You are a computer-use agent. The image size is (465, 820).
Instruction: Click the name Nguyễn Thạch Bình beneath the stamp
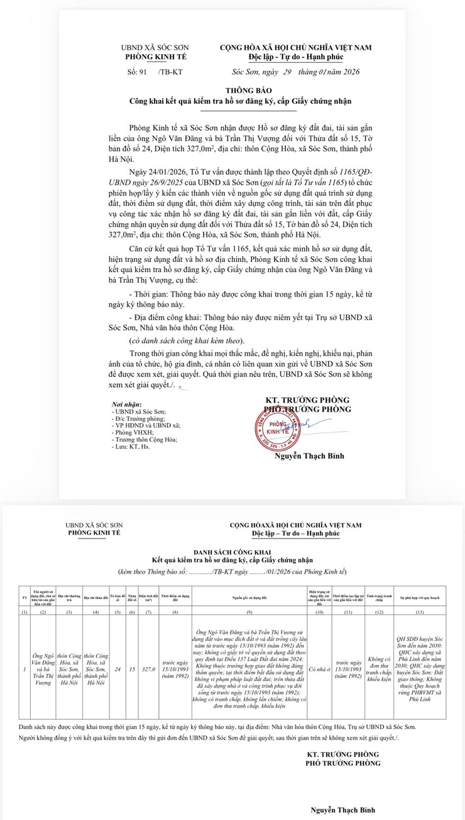309,456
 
